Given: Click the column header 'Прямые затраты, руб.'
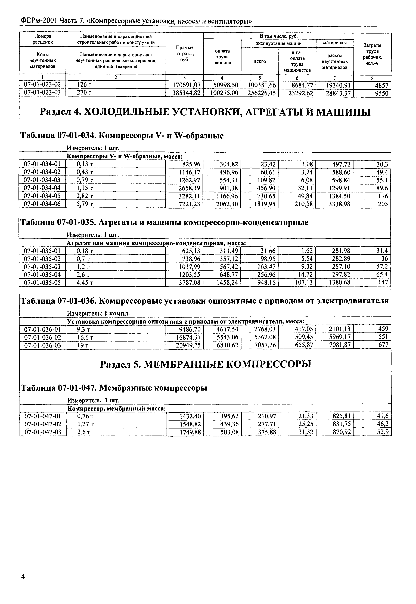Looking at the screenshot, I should tap(185, 53).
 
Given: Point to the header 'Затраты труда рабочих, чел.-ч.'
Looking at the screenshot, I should tap(372, 54).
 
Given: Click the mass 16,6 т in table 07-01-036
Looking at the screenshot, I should tap(85, 337).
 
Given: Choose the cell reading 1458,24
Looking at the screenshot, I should tap(227, 282).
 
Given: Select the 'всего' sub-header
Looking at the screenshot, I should tap(260, 61).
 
